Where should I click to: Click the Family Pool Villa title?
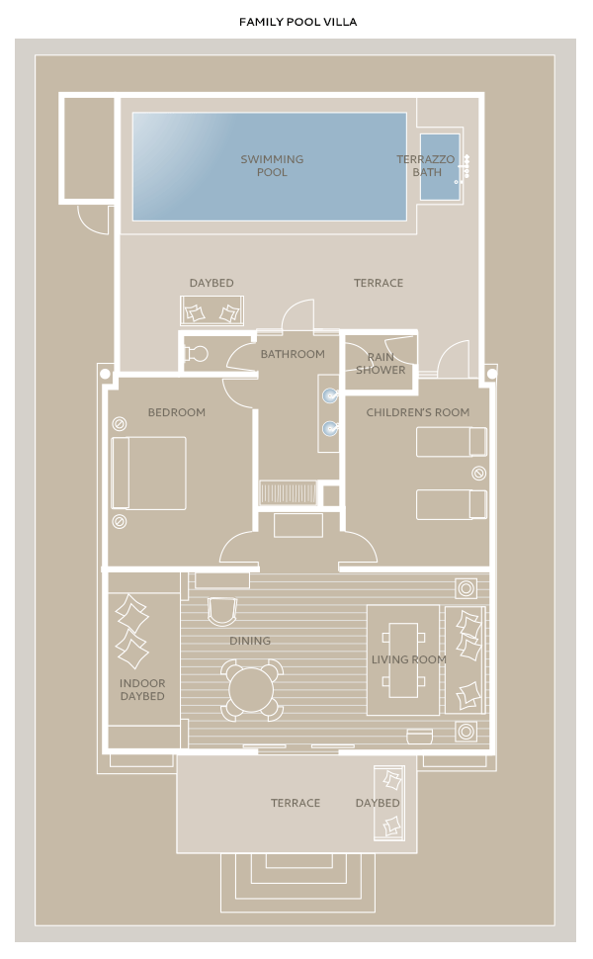pos(297,22)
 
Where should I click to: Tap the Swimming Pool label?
pos(272,166)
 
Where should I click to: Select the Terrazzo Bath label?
pos(426,166)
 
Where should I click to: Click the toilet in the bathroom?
pos(197,354)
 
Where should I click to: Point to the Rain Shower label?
pos(381,363)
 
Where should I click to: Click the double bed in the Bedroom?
pos(148,473)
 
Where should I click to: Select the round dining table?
pos(251,689)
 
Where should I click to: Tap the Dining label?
pos(249,641)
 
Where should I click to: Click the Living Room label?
pos(409,659)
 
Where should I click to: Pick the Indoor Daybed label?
pos(142,690)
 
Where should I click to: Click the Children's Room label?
pos(417,412)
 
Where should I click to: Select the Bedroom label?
pos(176,412)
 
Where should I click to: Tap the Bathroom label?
pos(293,354)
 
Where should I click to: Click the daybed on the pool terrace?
pos(212,310)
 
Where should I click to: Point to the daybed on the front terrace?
pos(389,803)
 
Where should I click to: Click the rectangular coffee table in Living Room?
pos(403,659)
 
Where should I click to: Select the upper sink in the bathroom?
pos(330,395)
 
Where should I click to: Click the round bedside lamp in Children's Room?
pos(479,473)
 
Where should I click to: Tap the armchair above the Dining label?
pos(221,611)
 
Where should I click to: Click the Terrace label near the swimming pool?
pos(379,283)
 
